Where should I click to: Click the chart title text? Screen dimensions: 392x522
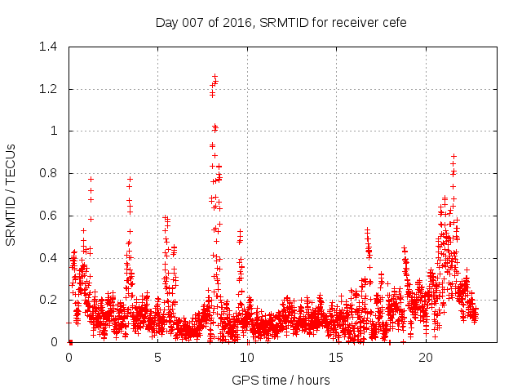click(281, 22)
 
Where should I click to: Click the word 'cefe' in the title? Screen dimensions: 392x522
click(393, 22)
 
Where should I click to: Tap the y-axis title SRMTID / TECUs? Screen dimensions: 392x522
click(11, 194)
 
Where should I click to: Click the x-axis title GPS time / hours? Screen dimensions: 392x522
click(281, 380)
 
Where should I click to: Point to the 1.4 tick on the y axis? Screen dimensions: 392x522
click(51, 47)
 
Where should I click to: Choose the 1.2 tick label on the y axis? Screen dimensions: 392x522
click(51, 89)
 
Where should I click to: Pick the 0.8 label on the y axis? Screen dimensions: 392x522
click(51, 173)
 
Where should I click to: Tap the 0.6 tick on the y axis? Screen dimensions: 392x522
click(51, 216)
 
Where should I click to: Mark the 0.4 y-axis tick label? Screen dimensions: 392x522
click(51, 258)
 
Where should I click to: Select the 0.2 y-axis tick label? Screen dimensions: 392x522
click(51, 300)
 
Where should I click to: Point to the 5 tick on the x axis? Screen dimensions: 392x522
click(158, 358)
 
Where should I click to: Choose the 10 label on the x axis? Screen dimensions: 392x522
click(247, 358)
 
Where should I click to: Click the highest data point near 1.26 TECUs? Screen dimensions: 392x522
click(215, 76)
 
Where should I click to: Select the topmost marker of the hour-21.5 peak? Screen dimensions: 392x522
click(453, 156)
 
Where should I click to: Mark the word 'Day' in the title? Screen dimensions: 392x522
click(166, 22)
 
